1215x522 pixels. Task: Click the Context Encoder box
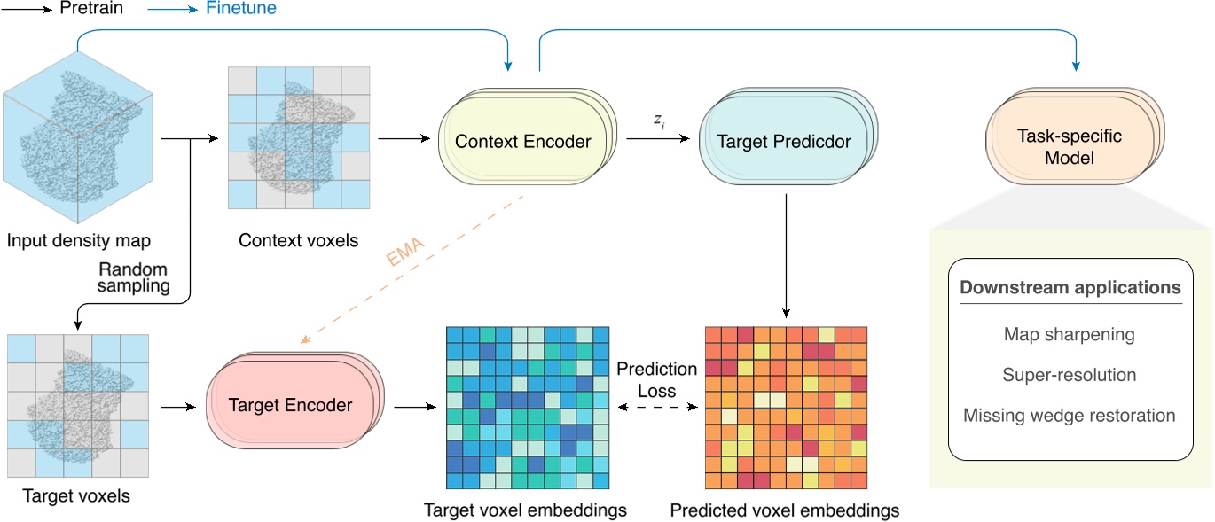(x=523, y=141)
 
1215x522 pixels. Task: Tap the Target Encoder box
(x=291, y=405)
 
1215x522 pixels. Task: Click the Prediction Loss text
(x=657, y=378)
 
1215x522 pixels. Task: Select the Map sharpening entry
(x=1069, y=335)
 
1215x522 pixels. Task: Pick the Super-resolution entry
(x=1069, y=375)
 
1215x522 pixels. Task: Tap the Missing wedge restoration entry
(x=1069, y=415)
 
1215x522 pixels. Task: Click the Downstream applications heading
(x=1070, y=288)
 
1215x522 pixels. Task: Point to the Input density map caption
(x=79, y=240)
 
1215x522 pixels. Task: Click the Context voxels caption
(x=298, y=240)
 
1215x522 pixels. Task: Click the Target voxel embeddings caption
(x=526, y=510)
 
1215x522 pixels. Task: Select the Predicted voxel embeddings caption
(x=784, y=510)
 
